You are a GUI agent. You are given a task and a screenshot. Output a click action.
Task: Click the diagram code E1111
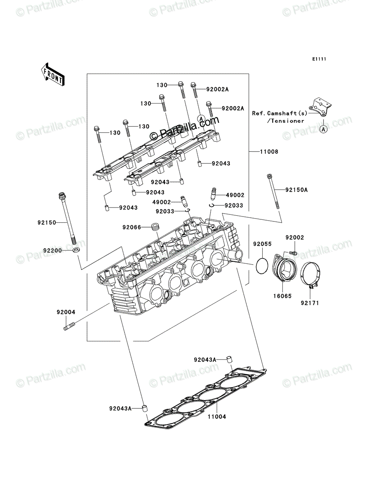point(319,59)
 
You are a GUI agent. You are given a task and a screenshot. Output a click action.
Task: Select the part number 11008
point(269,152)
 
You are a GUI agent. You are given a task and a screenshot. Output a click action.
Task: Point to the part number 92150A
point(296,190)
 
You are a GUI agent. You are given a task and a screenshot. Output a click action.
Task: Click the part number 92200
point(53,251)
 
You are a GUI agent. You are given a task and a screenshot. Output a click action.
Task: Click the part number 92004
point(66,312)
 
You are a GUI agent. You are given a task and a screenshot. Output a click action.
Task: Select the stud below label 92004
point(69,326)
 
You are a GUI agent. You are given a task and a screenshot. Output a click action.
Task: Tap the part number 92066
point(132,228)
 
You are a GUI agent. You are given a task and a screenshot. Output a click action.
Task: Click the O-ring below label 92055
point(262,266)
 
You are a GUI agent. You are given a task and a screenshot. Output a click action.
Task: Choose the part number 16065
point(282,296)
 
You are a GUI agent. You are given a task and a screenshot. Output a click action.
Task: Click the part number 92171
point(310,303)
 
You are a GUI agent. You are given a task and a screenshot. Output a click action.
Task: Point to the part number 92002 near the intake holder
point(295,237)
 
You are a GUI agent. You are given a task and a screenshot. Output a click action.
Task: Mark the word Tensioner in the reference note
point(287,121)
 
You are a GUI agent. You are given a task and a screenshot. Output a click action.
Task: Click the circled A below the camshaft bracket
point(323,129)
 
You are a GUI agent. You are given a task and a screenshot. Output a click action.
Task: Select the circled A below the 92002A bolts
point(201,118)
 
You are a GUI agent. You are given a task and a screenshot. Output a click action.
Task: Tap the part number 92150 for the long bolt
point(47,223)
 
